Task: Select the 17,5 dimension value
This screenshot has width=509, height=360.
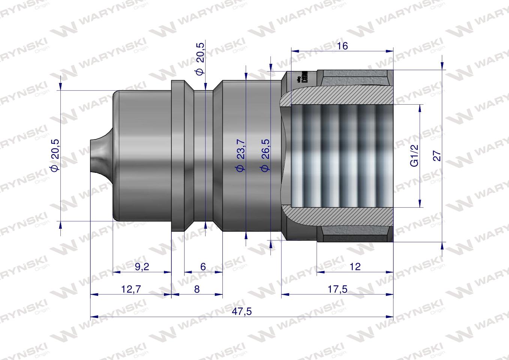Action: (337, 289)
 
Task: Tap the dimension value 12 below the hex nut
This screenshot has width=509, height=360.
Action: (354, 266)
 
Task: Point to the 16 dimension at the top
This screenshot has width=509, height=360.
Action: (342, 46)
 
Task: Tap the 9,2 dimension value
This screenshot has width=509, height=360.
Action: (142, 267)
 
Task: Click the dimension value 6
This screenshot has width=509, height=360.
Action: (203, 267)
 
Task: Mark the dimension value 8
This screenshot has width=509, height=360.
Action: (197, 289)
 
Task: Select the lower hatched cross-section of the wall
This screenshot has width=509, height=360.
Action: (338, 215)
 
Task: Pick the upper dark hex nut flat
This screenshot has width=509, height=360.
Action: (354, 78)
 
